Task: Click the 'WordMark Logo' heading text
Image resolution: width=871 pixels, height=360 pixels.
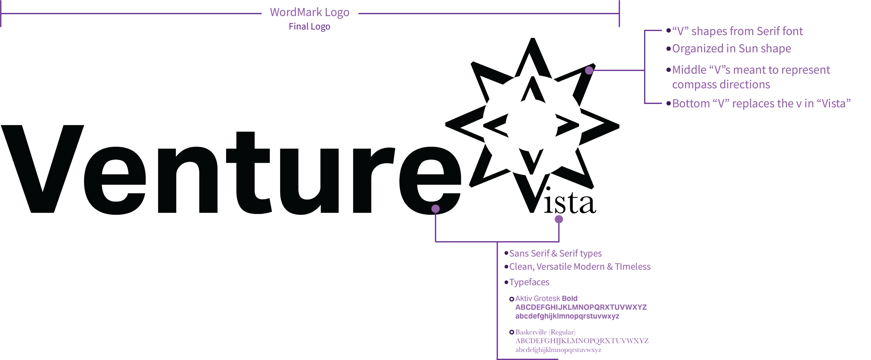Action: tap(309, 13)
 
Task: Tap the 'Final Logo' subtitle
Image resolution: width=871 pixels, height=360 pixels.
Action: tap(309, 26)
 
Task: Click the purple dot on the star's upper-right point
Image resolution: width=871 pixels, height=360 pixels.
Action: tap(589, 70)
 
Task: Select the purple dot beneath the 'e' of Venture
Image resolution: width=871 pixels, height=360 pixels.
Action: tap(435, 209)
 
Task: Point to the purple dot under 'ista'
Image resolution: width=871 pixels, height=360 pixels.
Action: tap(559, 219)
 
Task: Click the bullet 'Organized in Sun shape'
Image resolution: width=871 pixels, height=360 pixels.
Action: tap(731, 48)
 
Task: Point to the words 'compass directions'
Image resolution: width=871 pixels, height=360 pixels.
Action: tap(721, 85)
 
